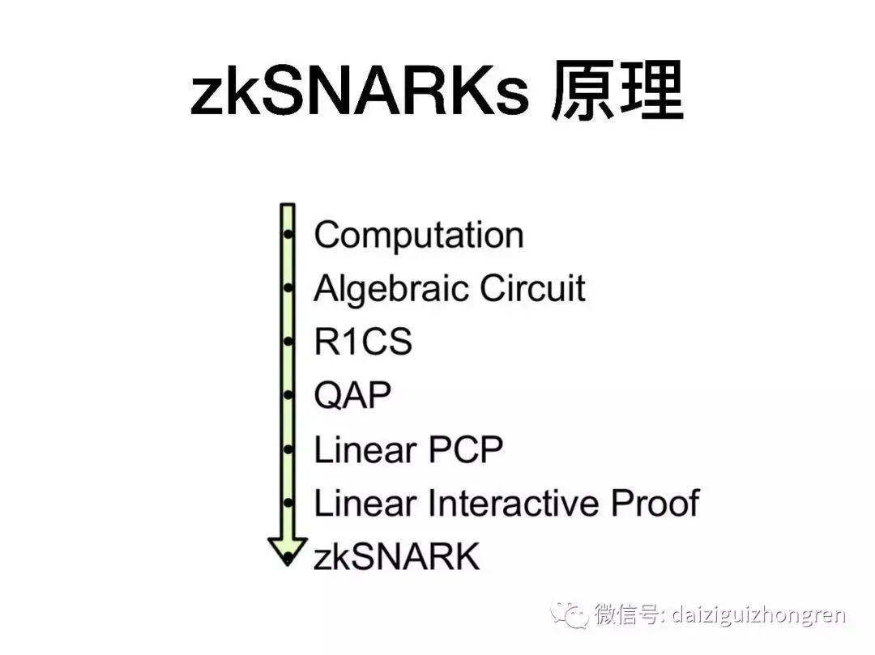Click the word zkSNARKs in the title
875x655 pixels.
click(x=360, y=93)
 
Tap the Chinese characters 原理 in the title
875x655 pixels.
click(x=617, y=93)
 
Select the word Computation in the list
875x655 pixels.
click(x=418, y=235)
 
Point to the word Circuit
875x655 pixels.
click(x=532, y=288)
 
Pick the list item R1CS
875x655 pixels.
click(x=362, y=342)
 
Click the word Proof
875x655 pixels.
click(x=655, y=504)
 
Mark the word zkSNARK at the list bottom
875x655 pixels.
click(x=396, y=557)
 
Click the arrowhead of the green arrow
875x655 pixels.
click(x=287, y=551)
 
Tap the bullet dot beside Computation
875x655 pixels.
click(x=288, y=236)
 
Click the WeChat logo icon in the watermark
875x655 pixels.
click(x=570, y=614)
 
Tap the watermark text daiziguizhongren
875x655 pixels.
click(x=759, y=614)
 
